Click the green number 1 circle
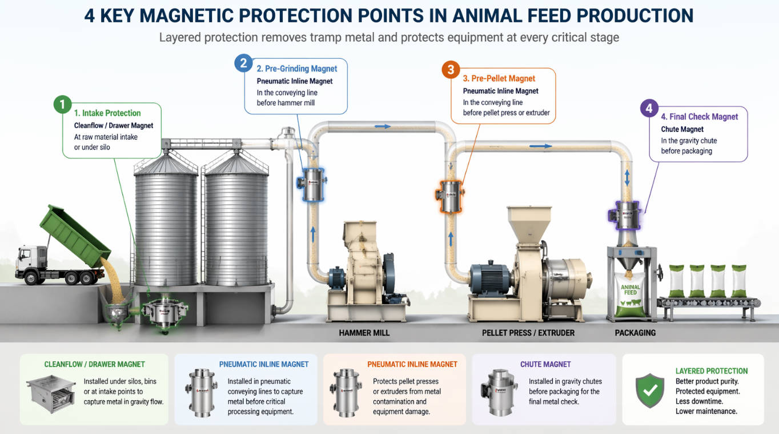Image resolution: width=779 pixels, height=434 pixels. tap(62, 105)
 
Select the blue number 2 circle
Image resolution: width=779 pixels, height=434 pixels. tap(244, 63)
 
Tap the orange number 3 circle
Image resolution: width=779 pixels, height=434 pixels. tap(451, 70)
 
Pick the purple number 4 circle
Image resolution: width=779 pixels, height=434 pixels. tap(649, 108)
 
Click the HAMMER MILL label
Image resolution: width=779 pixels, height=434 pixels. tap(364, 332)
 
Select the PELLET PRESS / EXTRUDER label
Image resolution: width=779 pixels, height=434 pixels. tap(528, 332)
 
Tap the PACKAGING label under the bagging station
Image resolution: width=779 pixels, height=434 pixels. tap(635, 332)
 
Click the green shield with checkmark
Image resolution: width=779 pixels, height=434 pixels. tap(650, 391)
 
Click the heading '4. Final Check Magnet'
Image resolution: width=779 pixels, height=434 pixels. tap(700, 117)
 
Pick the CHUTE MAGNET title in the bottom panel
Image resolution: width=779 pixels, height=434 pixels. tap(545, 364)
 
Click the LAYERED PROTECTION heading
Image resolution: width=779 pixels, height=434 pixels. tap(711, 371)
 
